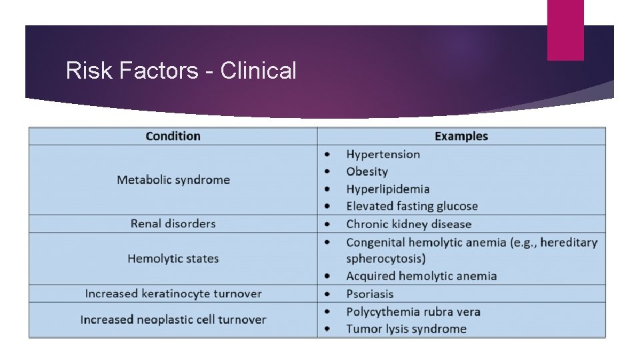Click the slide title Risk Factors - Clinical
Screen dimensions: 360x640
[181, 70]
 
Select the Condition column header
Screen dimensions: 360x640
[173, 136]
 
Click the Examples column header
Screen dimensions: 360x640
[461, 136]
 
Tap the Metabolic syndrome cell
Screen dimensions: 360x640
[173, 180]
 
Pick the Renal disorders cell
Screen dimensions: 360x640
[173, 224]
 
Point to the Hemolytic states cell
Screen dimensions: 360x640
[173, 259]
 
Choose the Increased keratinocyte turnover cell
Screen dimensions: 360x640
[173, 294]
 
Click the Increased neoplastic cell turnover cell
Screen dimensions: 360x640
[173, 320]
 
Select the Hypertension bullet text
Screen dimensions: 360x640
[383, 155]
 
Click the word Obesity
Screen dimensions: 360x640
[367, 172]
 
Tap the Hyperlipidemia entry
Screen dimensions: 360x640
[387, 189]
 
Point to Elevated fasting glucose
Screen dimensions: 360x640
[411, 207]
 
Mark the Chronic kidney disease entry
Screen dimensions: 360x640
[408, 225]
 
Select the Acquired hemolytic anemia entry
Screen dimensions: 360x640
[421, 276]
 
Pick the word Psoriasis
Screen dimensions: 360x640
[369, 294]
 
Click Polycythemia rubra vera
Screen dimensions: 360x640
[413, 312]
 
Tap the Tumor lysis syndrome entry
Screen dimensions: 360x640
[406, 329]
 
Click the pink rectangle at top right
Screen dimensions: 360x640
[565, 30]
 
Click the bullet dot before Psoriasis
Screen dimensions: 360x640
[327, 294]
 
